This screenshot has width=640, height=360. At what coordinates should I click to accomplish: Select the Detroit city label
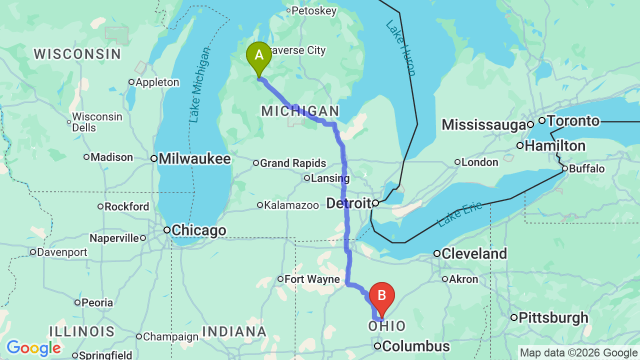(349, 203)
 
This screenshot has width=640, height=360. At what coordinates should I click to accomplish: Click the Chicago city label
(199, 230)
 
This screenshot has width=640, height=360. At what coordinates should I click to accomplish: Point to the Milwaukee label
(194, 159)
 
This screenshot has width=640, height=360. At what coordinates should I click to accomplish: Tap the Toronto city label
(572, 120)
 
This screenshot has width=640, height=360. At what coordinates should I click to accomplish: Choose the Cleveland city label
(474, 253)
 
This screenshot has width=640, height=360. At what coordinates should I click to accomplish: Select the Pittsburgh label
(553, 317)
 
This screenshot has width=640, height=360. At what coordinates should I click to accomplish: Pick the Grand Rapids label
(292, 163)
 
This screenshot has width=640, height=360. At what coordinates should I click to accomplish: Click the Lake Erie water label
(460, 214)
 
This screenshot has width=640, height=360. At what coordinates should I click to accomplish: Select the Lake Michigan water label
(200, 84)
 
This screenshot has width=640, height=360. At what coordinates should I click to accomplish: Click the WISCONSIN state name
(77, 54)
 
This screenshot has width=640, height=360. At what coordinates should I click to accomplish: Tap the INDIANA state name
(234, 331)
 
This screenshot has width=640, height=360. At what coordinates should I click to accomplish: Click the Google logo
(33, 348)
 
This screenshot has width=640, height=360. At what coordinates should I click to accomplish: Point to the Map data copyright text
(578, 353)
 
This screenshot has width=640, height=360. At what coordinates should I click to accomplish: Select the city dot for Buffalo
(565, 168)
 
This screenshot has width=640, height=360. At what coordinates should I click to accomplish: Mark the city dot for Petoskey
(288, 10)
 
